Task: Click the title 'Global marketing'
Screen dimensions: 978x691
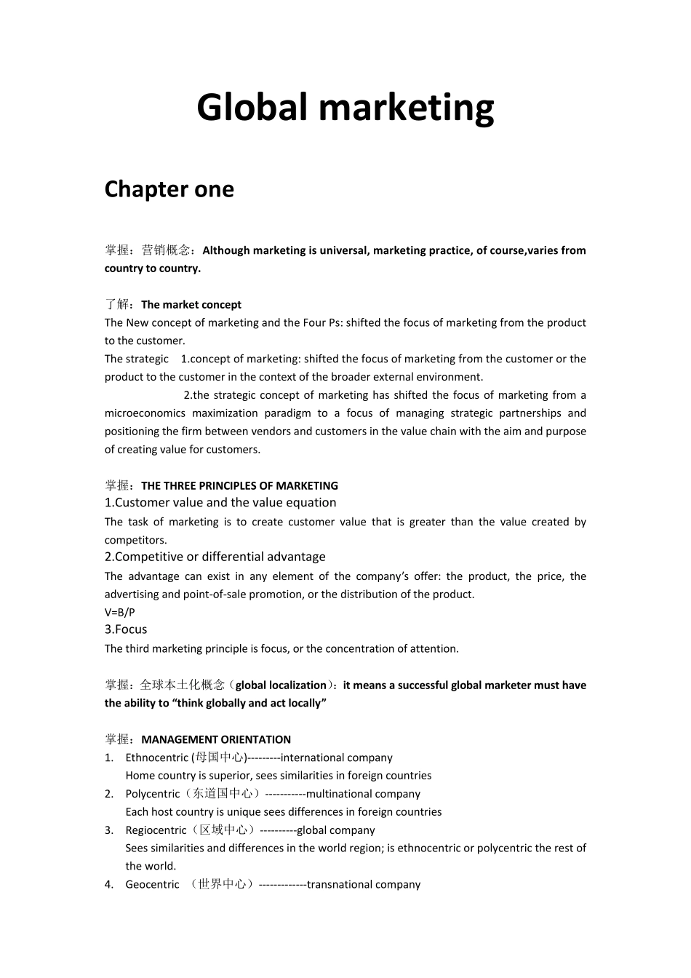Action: [345, 108]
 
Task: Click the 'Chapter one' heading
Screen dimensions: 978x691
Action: [169, 189]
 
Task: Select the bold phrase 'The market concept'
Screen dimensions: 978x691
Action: [191, 305]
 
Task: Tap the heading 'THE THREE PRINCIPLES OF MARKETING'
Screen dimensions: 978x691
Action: [239, 486]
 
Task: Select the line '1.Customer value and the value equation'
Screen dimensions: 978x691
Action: [220, 503]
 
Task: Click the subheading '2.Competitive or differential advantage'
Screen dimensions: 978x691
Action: [215, 557]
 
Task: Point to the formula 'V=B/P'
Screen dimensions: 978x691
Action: [120, 613]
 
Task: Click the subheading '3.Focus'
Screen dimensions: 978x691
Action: [126, 630]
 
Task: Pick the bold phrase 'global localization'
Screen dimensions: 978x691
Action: [281, 685]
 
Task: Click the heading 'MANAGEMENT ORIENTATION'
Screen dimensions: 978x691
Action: [216, 740]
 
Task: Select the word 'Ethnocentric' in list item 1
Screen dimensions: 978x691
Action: [156, 758]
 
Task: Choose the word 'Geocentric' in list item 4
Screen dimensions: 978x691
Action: [152, 885]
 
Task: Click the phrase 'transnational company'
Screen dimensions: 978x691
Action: [364, 885]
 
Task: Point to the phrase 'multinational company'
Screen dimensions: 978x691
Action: [363, 795]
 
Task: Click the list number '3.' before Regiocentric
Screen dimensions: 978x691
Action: [109, 831]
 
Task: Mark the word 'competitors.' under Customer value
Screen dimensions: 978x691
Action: [136, 541]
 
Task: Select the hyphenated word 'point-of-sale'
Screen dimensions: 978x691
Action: [215, 595]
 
